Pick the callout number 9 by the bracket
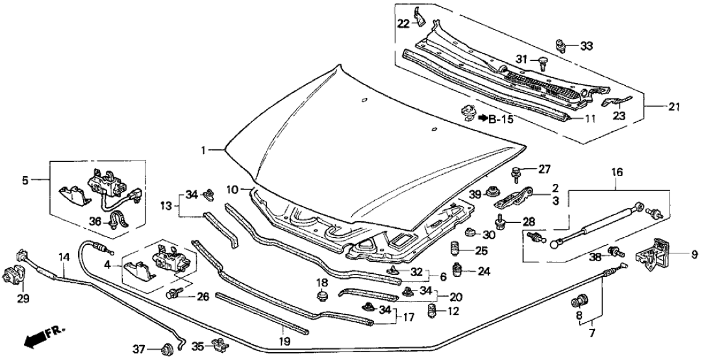[692, 254]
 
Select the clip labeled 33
[560, 45]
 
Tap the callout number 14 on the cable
[62, 256]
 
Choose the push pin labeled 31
[541, 62]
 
